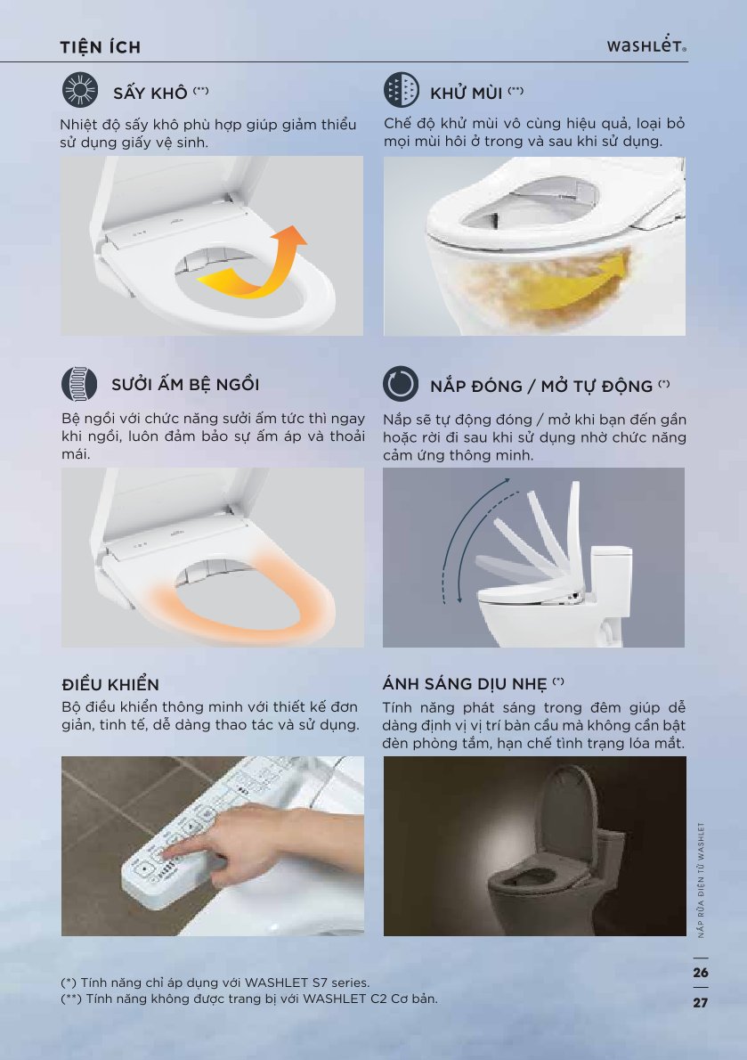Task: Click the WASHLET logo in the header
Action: coord(646,45)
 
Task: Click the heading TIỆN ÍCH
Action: coord(100,47)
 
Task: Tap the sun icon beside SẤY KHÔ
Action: coord(80,90)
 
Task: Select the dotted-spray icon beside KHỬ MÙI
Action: coord(402,90)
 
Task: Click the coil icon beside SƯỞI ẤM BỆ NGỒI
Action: coord(79,384)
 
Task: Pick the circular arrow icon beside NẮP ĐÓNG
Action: coord(401,384)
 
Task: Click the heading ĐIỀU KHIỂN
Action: coord(110,684)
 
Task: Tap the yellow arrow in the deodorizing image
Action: coord(574,284)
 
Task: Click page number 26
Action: coord(701,972)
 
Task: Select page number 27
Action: coord(701,1002)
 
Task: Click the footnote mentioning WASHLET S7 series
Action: coord(215,983)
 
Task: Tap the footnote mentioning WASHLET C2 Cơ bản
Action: coord(249,999)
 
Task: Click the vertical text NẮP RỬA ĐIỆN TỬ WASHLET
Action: coord(701,879)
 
